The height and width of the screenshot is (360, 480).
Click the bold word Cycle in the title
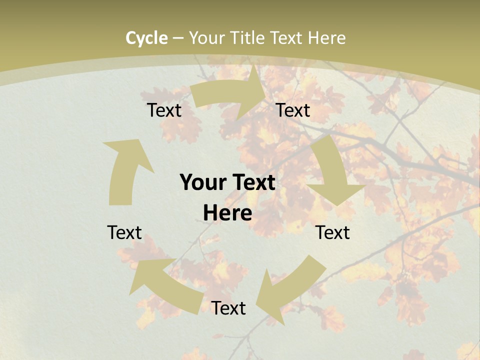pyautogui.click(x=146, y=38)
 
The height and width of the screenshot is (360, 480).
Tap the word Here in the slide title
pyautogui.click(x=327, y=38)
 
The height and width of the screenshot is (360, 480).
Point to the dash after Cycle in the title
pyautogui.click(x=178, y=38)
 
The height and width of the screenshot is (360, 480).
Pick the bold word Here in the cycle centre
pyautogui.click(x=227, y=213)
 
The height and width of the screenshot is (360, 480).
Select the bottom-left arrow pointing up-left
pyautogui.click(x=165, y=285)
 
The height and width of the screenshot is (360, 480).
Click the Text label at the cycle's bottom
pyautogui.click(x=228, y=308)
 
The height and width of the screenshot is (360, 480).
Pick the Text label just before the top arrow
pyautogui.click(x=164, y=110)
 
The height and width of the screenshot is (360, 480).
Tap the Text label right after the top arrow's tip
pyautogui.click(x=293, y=110)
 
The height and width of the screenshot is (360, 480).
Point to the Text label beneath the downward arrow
pyautogui.click(x=332, y=232)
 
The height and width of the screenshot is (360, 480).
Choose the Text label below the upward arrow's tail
pyautogui.click(x=124, y=232)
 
